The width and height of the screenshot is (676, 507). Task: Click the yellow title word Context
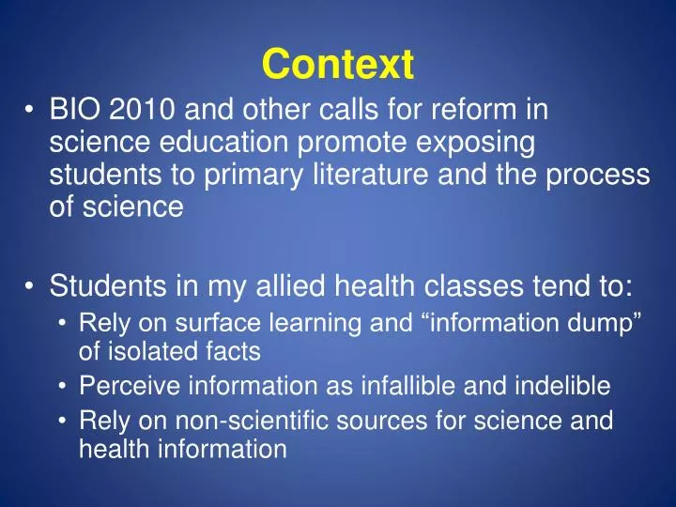[x=337, y=64]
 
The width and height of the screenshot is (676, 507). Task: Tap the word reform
[x=480, y=113]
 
